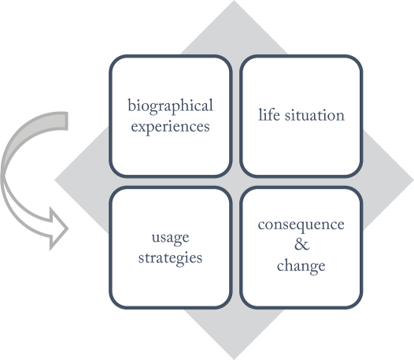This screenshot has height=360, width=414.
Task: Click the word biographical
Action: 170,106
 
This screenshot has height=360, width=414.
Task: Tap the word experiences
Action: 170,127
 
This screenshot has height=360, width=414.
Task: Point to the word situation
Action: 315,115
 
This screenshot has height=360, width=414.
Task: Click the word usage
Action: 170,238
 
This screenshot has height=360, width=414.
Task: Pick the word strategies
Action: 170,258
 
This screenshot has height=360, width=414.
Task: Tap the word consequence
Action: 301,225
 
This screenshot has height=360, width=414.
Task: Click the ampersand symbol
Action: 301,244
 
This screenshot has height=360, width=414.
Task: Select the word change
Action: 301,265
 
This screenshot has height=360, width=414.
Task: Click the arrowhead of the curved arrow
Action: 58,229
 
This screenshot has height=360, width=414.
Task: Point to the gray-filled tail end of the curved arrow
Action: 64,121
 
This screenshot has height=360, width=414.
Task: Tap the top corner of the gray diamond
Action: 234,1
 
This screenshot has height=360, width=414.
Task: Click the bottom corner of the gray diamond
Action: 234,359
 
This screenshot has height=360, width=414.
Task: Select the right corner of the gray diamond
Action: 413,180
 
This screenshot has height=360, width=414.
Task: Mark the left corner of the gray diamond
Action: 55,180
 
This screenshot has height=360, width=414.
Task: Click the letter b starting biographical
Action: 131,105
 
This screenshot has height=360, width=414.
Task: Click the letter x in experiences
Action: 142,127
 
